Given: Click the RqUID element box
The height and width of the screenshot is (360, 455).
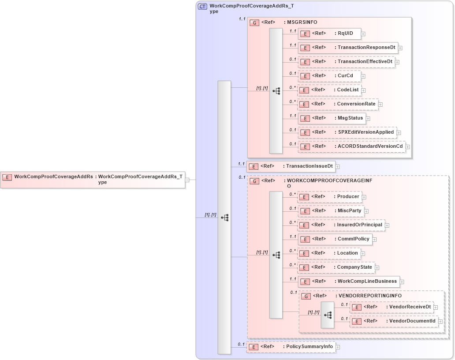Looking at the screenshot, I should click(329, 33).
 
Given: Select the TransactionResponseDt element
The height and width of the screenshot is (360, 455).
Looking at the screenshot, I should click(348, 48).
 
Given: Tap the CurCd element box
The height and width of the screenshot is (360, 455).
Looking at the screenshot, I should click(329, 76).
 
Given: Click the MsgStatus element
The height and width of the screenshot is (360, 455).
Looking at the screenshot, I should click(332, 118).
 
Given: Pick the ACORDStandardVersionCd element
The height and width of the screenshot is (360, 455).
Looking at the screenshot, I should click(352, 146).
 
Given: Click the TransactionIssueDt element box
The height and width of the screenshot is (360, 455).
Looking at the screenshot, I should click(291, 166).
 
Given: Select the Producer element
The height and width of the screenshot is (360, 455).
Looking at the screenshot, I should click(329, 197).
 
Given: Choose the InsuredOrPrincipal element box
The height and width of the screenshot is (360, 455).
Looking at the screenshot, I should click(341, 225).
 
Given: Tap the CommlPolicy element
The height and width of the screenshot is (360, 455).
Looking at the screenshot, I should click(335, 239).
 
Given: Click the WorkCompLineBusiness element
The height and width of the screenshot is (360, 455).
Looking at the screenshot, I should click(348, 281).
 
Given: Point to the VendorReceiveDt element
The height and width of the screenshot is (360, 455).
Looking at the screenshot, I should click(392, 307).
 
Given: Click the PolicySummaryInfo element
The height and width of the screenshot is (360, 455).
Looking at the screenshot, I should click(291, 347).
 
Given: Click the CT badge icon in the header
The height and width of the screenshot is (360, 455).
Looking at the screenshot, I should click(203, 7).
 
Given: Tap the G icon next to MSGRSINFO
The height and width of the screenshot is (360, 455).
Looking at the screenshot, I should click(254, 22).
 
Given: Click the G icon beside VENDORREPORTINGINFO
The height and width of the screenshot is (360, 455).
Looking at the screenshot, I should click(306, 296).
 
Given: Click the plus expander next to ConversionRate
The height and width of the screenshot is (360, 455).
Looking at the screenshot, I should click(380, 105).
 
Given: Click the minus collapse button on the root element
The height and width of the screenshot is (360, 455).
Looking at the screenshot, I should click(187, 180).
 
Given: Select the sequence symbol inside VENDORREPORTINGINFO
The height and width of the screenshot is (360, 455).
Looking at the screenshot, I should click(328, 315).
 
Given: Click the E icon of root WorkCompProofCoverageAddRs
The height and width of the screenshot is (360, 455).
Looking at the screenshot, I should click(7, 177).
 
